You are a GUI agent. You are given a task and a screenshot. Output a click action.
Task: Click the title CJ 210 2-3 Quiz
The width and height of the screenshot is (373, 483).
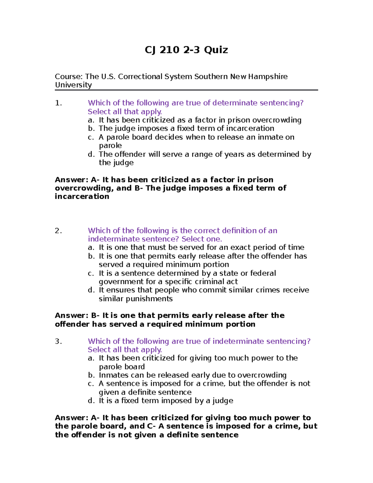(x=186, y=50)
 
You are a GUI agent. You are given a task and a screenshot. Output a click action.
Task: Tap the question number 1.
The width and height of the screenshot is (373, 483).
(x=58, y=103)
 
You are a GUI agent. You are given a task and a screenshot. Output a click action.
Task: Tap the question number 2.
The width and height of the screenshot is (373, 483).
(x=58, y=231)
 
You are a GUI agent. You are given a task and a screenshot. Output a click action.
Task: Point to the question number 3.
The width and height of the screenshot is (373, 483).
(x=58, y=341)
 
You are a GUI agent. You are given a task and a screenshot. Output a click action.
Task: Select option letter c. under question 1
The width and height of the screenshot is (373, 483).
(x=91, y=137)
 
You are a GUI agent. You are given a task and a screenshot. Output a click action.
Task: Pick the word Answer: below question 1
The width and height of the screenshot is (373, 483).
(x=71, y=180)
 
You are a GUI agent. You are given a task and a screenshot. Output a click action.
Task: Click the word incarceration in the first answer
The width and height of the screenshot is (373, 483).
(x=82, y=197)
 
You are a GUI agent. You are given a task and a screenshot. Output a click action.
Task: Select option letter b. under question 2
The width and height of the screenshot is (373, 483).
(x=91, y=256)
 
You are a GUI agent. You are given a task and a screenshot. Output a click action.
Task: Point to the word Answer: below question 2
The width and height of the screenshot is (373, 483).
(x=71, y=315)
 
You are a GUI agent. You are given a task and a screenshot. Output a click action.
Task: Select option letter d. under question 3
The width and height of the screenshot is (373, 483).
(x=91, y=401)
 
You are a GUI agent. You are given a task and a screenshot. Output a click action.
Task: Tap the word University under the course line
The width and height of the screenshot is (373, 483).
(x=73, y=85)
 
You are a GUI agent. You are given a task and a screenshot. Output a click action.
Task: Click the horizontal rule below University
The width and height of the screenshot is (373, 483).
(x=186, y=90)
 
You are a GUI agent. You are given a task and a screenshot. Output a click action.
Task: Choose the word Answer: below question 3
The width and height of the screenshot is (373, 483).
(x=71, y=418)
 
